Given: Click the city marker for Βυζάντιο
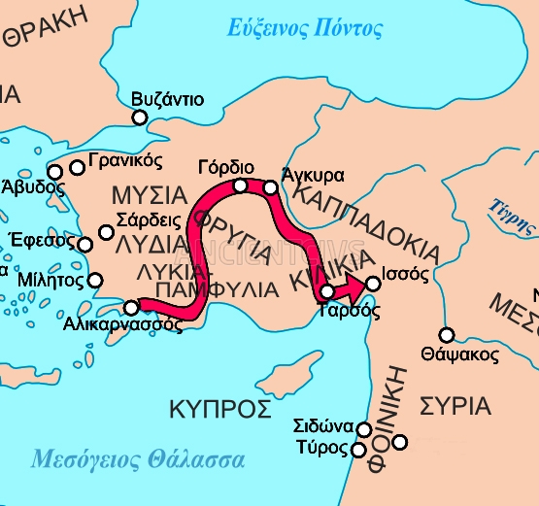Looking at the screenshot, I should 140,118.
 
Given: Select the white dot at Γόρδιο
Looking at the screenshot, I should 240,186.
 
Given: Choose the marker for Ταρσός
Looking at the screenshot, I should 328,291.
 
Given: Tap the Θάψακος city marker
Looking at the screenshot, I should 447,335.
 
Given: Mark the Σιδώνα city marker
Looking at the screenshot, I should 364,429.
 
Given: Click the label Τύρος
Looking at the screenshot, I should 321,448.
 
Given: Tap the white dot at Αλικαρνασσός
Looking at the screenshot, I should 131,308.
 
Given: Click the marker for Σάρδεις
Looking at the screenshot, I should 107,232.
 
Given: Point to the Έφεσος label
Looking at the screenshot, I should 38,241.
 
